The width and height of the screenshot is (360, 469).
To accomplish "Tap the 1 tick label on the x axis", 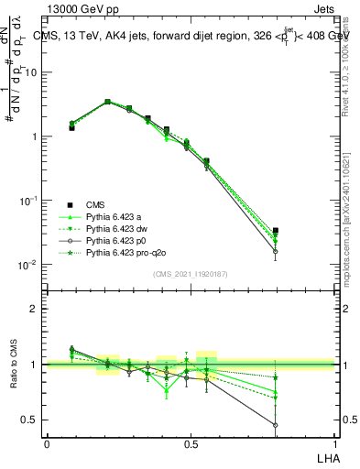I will (333, 443).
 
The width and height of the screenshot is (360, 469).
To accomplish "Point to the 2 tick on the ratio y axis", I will (34, 309).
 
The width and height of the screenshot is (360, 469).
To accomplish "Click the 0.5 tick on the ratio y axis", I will (29, 420).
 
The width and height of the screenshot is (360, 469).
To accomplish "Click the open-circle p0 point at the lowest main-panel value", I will (276, 251).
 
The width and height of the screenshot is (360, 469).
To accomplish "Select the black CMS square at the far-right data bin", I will (276, 231).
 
